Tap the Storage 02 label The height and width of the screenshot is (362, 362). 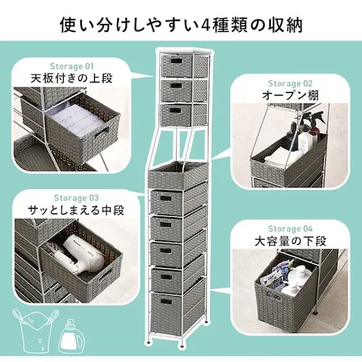click(x=290, y=82)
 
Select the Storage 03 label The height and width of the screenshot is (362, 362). click(x=73, y=197)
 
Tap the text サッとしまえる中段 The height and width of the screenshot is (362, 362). click(x=73, y=211)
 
